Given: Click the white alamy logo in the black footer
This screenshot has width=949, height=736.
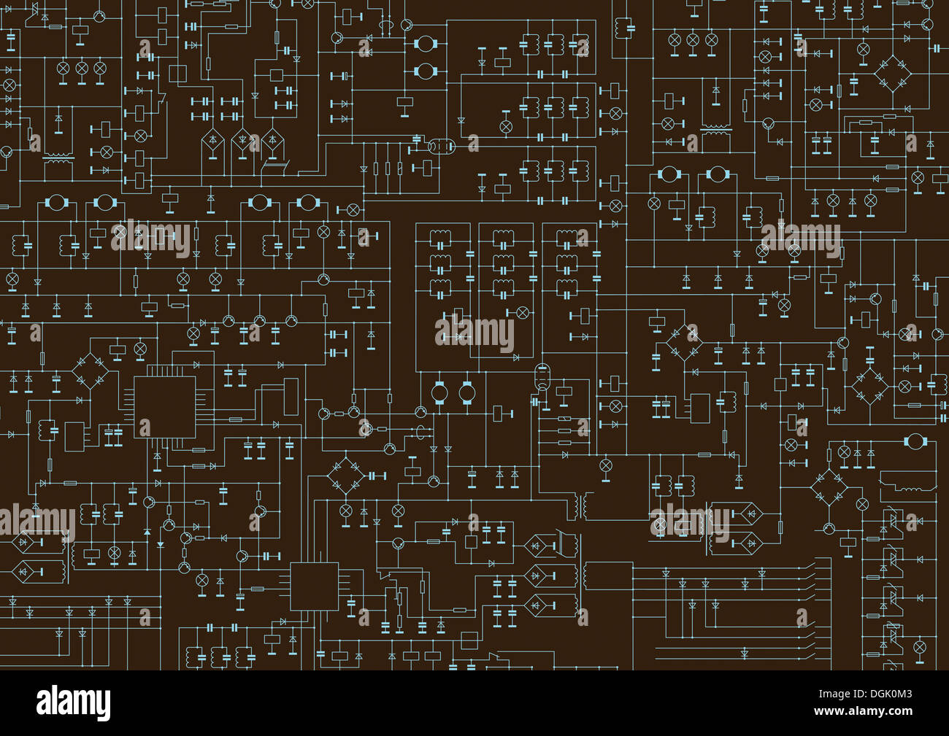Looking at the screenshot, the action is coord(73,704).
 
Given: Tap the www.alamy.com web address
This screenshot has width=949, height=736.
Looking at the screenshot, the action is coord(863,710).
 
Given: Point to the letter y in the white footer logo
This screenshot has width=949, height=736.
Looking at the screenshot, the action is coord(103,707).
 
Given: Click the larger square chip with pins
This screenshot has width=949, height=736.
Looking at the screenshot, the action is coord(165,407).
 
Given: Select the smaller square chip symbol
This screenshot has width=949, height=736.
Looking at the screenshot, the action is coord(315,586).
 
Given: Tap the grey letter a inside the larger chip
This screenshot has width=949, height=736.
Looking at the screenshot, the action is coord(145,427).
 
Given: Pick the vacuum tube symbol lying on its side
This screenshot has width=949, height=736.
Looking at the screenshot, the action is coord(442,147).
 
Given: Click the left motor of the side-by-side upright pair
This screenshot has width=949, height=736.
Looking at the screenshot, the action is coord(439,392).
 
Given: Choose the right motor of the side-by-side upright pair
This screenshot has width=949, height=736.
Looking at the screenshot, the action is coord(467,392).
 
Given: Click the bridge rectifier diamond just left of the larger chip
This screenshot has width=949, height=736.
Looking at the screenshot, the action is coord(91,371).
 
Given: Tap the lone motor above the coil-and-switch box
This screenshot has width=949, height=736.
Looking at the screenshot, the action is coord(915,441).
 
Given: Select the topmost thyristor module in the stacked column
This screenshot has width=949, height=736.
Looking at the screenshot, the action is coord(891,520).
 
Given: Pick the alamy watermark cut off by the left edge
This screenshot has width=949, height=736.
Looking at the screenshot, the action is coord(37,522).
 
